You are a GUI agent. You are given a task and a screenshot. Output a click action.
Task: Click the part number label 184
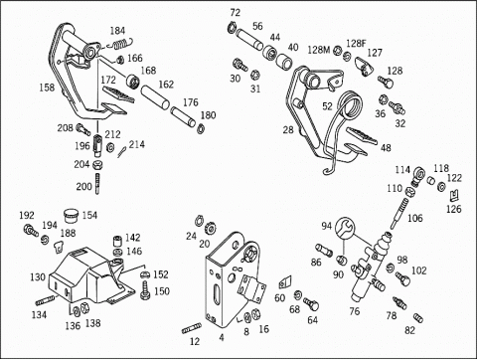tap(117, 31)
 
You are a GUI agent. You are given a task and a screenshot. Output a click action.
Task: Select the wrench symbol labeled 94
tap(345, 228)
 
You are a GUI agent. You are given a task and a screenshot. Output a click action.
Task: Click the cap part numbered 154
tap(72, 216)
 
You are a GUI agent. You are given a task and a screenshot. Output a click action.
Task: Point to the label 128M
tap(319, 50)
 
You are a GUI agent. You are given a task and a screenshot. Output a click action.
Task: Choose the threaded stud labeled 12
tap(192, 328)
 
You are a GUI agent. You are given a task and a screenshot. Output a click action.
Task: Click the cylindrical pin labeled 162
tap(155, 97)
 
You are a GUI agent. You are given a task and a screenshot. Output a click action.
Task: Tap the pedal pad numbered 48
tap(362, 135)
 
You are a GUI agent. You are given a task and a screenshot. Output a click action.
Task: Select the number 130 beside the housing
tap(38, 277)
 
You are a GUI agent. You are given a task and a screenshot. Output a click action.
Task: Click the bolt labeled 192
tap(30, 230)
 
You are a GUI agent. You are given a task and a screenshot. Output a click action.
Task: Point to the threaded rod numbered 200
tap(97, 184)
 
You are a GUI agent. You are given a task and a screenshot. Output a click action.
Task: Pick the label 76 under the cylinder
tap(355, 311)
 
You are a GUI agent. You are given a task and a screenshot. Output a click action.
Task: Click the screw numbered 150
tap(145, 290)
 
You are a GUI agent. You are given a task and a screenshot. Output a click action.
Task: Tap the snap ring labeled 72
tap(232, 27)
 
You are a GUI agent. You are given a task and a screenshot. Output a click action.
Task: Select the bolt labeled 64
tap(311, 303)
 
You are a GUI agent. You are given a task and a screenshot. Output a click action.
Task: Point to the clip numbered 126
tap(454, 196)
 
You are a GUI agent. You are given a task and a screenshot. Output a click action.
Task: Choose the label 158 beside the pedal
tap(47, 88)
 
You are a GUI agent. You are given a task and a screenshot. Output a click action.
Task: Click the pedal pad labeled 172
tap(118, 93)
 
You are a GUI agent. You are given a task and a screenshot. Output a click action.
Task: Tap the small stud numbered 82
tap(418, 317)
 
